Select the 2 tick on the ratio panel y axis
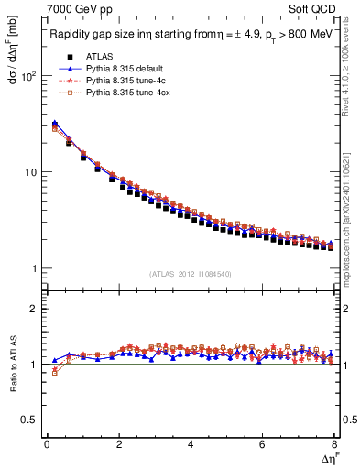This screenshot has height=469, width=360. (x=33, y=309)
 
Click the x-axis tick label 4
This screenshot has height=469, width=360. (x=190, y=444)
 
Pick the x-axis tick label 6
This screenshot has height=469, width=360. (x=262, y=444)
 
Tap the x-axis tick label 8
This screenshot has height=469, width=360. (x=333, y=444)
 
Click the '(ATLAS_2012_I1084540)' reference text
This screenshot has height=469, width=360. (x=191, y=274)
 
